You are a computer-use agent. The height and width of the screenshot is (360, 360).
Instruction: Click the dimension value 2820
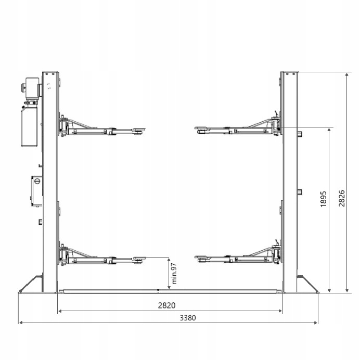click(166, 305)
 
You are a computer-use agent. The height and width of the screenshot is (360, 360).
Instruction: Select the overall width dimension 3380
click(188, 318)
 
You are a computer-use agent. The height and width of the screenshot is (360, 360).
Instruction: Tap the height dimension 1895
click(323, 199)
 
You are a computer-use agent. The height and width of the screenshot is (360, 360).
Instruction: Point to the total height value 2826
click(342, 198)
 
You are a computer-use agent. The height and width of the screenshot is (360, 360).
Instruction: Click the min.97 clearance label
click(174, 274)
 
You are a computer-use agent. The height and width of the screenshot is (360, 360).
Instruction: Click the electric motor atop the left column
click(32, 88)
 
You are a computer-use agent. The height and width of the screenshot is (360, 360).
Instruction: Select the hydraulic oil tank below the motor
click(29, 127)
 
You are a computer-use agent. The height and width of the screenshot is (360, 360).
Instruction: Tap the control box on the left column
click(37, 191)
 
